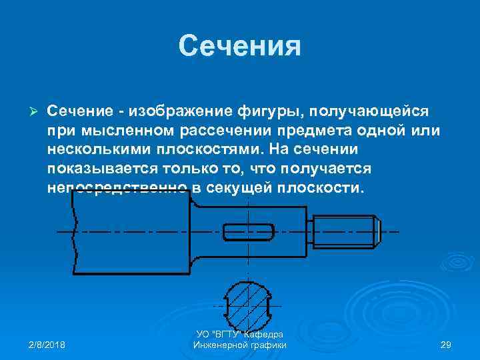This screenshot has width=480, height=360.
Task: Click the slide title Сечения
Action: pyautogui.click(x=240, y=46)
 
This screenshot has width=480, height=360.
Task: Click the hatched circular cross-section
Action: pyautogui.click(x=248, y=303)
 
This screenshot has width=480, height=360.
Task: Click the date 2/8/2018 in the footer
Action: pyautogui.click(x=47, y=345)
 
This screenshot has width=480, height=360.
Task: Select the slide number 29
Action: pyautogui.click(x=446, y=345)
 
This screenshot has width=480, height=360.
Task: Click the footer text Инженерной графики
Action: pyautogui.click(x=239, y=345)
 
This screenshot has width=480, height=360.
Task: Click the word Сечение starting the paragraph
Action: pyautogui.click(x=79, y=109)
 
